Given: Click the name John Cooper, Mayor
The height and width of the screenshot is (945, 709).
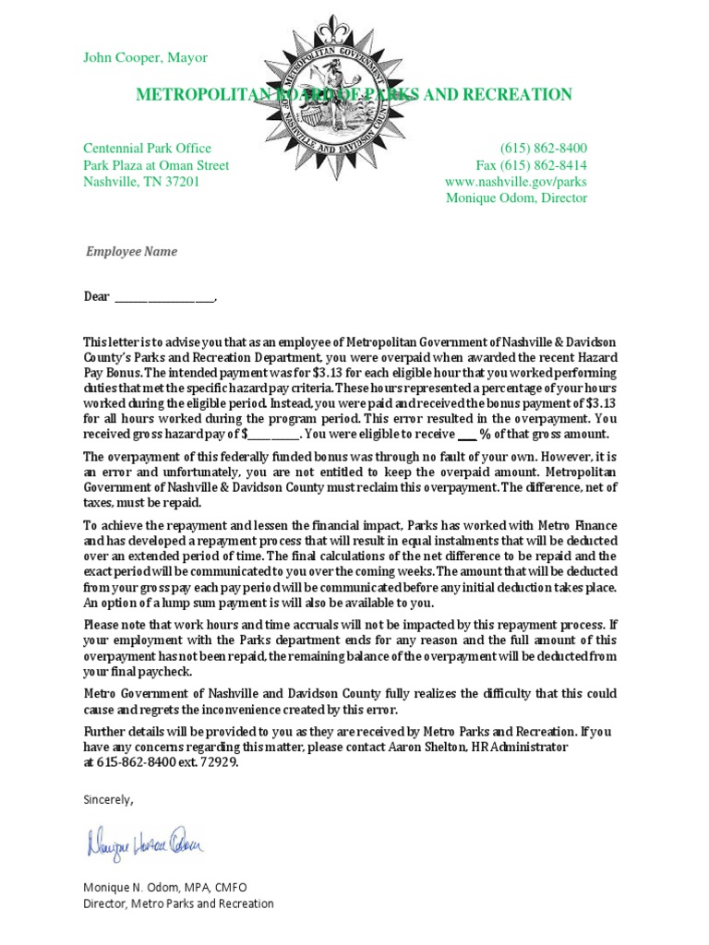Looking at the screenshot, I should [x=145, y=57].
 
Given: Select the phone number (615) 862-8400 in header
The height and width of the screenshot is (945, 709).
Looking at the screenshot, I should [x=543, y=149].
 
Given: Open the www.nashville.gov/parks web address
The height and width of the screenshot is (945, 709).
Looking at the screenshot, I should [x=515, y=182].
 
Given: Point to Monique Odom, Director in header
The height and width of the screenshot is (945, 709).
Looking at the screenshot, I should [x=516, y=197].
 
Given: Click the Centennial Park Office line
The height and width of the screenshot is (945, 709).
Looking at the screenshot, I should [x=147, y=149].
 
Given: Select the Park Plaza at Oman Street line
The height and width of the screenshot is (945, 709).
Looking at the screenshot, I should [x=156, y=165].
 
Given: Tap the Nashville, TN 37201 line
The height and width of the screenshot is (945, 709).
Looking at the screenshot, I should [x=140, y=182].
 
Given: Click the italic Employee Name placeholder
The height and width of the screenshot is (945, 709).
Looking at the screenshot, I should [x=131, y=251].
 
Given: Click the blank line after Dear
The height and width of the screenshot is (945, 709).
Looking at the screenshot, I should [x=163, y=298].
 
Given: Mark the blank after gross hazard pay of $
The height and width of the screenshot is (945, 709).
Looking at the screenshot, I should [x=274, y=434].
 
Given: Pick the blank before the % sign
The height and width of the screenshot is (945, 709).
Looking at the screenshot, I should [x=466, y=434].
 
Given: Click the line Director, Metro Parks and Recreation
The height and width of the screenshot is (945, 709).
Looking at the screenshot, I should [x=178, y=903].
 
